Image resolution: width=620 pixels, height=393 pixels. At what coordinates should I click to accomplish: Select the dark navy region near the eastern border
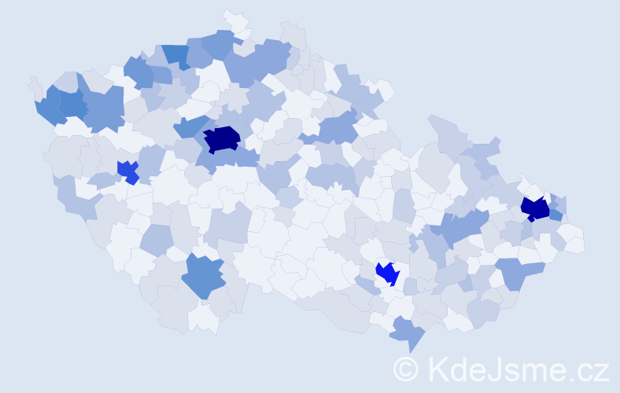pyautogui.click(x=535, y=208)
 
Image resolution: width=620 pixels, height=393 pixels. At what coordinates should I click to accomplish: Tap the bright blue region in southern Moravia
pyautogui.click(x=387, y=274)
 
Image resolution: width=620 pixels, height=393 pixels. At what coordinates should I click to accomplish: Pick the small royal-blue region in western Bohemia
pyautogui.click(x=127, y=171)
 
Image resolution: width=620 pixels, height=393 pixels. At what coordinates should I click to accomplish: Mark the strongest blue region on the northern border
pyautogui.click(x=176, y=55)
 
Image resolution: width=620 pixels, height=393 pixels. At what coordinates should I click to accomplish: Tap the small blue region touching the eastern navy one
pyautogui.click(x=555, y=214)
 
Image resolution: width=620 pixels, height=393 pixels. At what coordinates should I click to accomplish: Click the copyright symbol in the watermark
pyautogui.click(x=406, y=369)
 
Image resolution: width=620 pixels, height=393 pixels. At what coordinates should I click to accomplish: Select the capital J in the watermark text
pyautogui.click(x=491, y=369)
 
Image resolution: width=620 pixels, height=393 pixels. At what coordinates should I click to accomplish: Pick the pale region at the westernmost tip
pyautogui.click(x=34, y=84)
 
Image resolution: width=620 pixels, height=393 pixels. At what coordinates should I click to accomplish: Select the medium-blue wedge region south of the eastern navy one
pyautogui.click(x=519, y=271)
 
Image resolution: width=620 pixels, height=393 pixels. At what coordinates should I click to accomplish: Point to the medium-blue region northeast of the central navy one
pyautogui.click(x=338, y=126)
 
